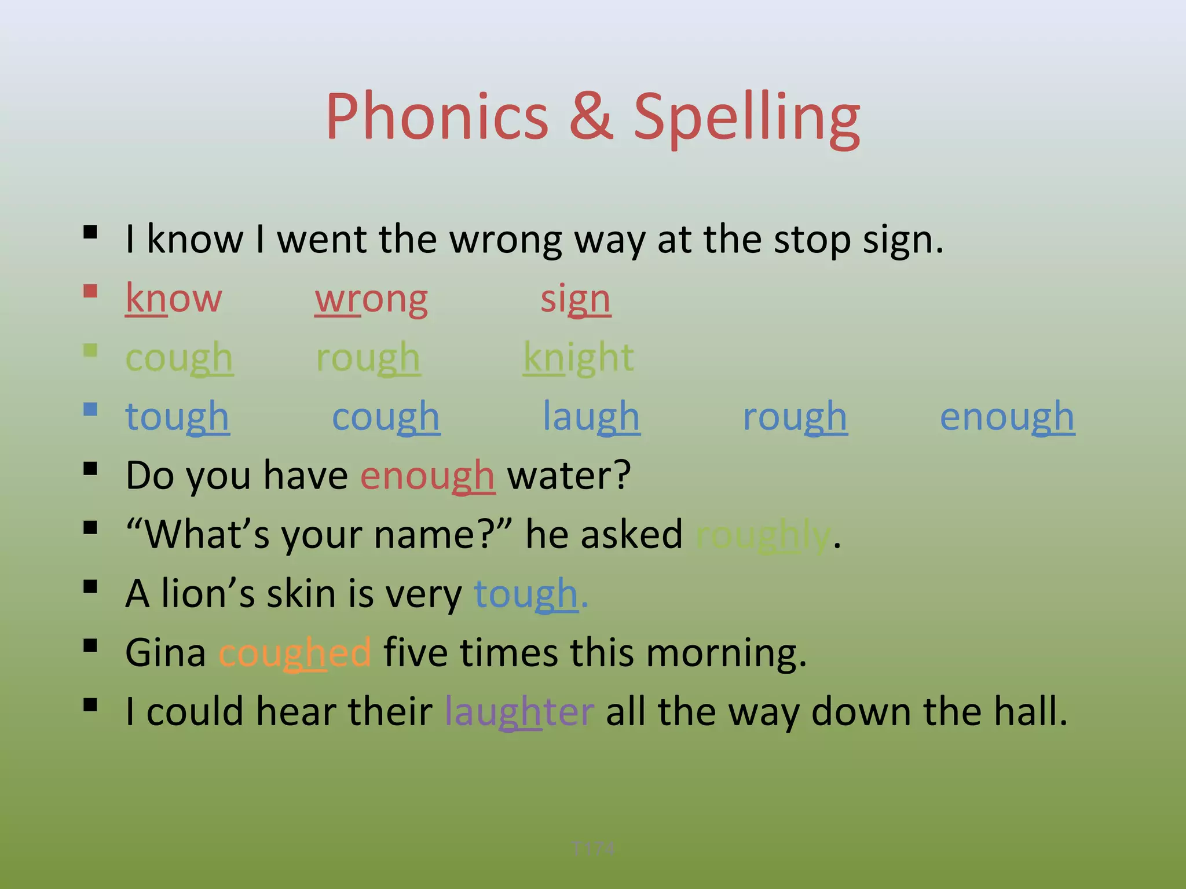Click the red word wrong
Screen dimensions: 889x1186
[x=371, y=300]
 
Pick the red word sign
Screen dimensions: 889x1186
[x=576, y=300]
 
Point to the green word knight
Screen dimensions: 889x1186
[x=579, y=358]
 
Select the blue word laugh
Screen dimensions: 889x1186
[x=591, y=417]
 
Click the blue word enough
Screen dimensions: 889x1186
[x=1007, y=417]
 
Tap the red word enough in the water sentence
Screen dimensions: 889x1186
[x=427, y=476]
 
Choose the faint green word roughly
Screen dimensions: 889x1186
[x=763, y=535]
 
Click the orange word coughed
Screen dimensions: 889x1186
[x=295, y=653]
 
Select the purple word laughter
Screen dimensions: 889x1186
[x=519, y=712]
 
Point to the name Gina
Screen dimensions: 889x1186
[x=166, y=653]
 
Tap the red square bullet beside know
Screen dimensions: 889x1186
[x=90, y=291]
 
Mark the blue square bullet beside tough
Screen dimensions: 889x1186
[x=90, y=409]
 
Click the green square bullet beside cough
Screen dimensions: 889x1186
[x=90, y=350]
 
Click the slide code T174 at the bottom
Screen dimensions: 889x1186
[x=592, y=848]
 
